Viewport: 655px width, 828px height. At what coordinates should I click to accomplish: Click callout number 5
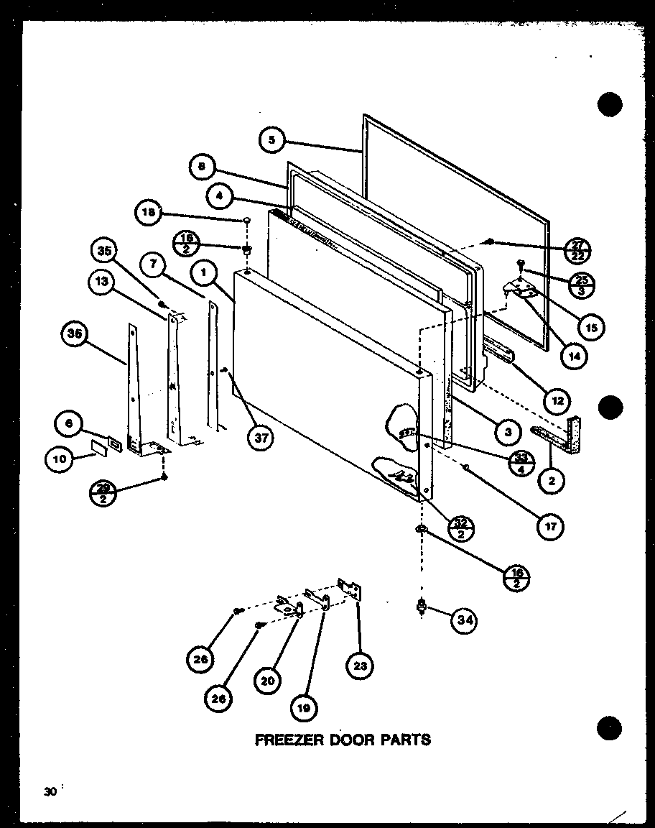tap(272, 140)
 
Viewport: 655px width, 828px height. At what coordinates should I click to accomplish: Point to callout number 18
tap(148, 213)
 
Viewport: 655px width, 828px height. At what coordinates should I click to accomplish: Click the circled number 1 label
tap(205, 273)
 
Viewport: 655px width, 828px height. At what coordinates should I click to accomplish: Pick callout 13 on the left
tap(103, 282)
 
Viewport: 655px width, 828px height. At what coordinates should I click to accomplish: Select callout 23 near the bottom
tap(360, 666)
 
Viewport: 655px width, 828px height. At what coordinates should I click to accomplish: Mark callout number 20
tap(266, 680)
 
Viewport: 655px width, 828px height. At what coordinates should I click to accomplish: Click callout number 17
tap(551, 525)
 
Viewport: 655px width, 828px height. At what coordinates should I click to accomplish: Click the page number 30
tap(50, 792)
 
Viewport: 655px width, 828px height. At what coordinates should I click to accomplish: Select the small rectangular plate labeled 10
tap(98, 448)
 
